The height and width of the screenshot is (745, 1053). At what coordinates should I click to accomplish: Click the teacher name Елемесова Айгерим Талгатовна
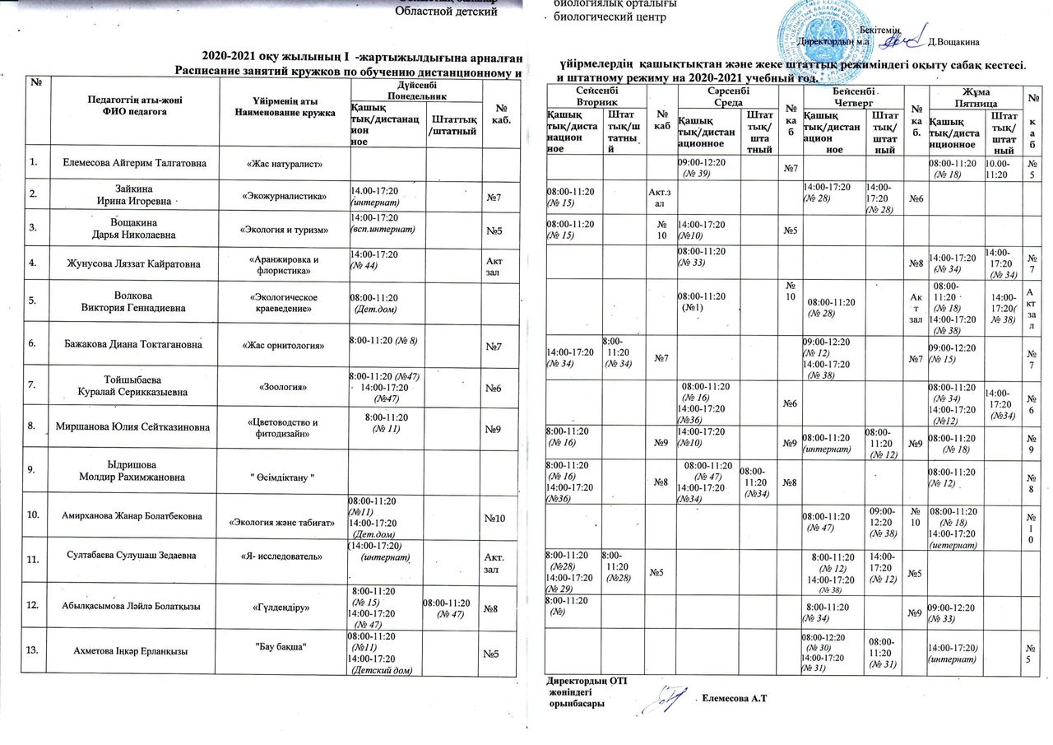point(135,164)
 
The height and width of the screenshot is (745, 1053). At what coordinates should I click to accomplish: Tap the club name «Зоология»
point(282,384)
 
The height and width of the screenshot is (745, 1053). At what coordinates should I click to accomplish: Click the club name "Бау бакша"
point(282,645)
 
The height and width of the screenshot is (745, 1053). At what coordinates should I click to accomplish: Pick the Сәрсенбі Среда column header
point(725,95)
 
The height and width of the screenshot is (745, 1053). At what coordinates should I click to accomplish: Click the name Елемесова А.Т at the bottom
point(735,699)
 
